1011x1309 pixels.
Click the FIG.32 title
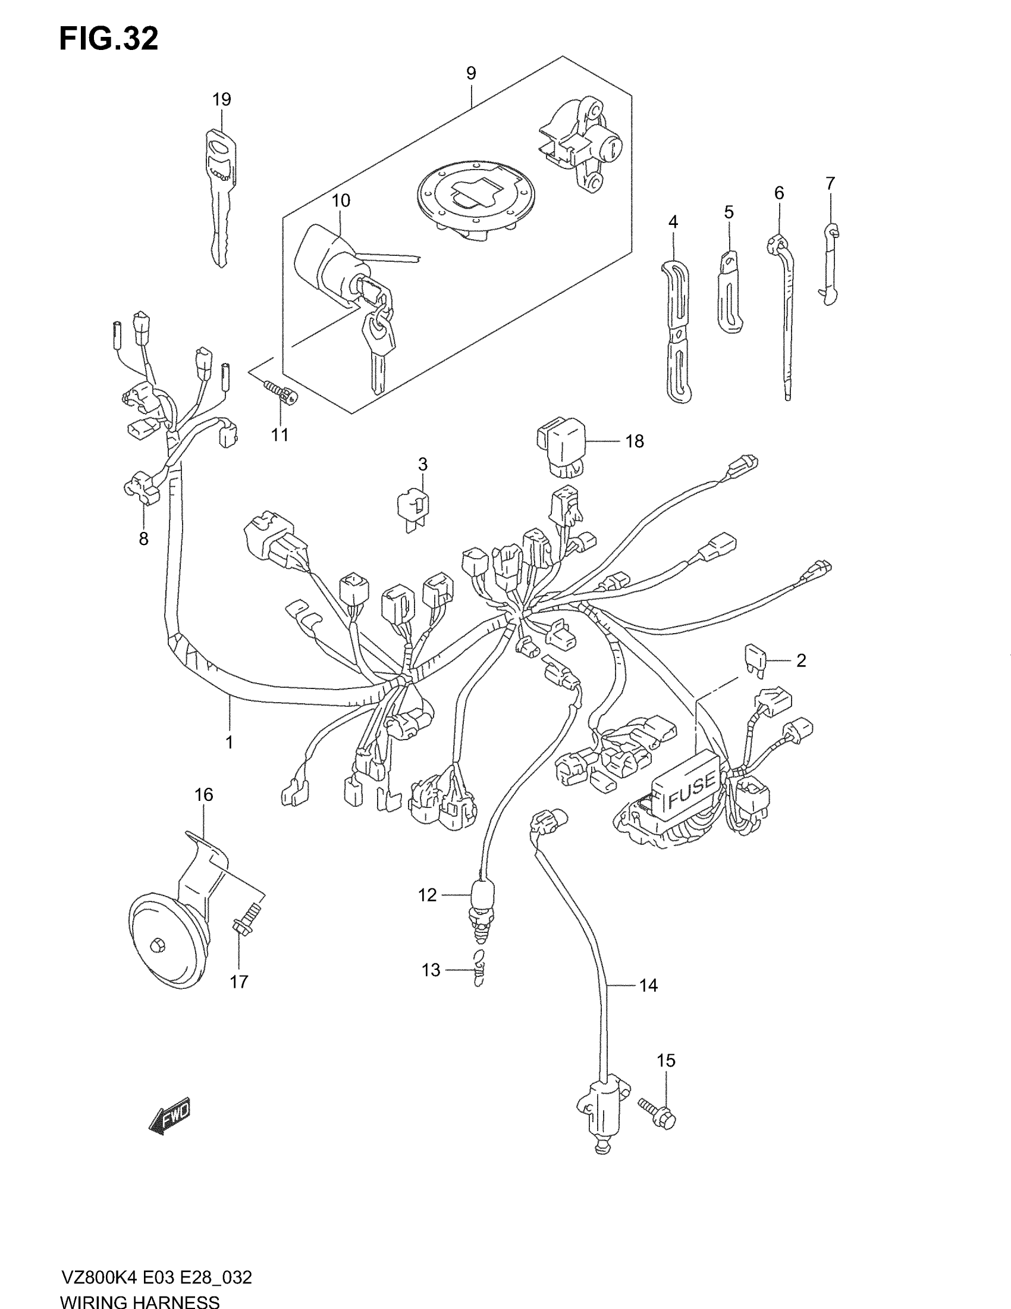pos(108,39)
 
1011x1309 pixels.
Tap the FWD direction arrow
pos(169,1116)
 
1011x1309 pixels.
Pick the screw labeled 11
pos(278,391)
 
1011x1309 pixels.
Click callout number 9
pos(471,73)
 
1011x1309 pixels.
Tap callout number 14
pos(648,985)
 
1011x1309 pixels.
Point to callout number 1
pos(229,742)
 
